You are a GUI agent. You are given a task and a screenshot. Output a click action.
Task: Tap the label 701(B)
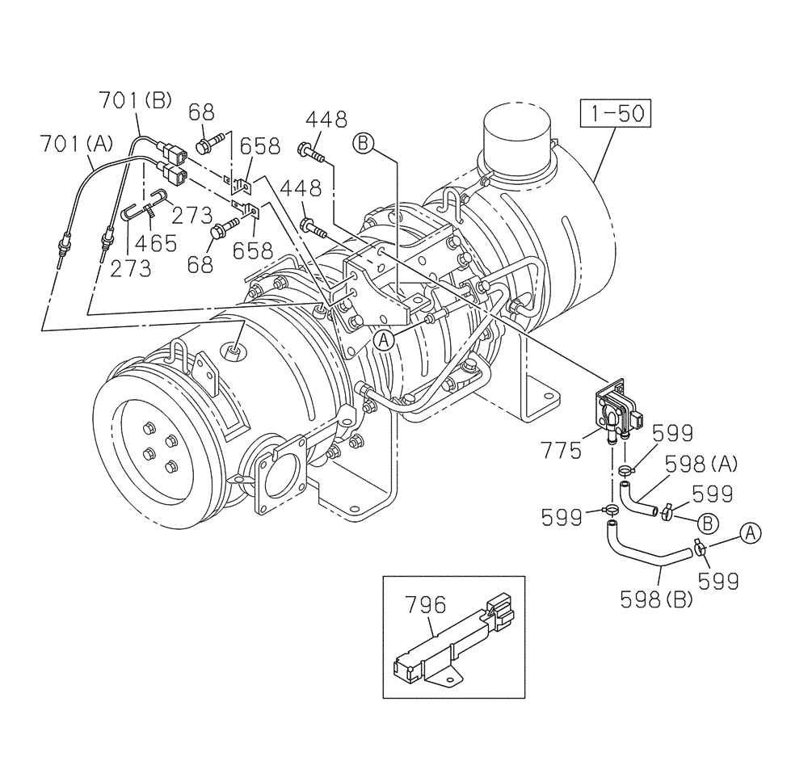coord(136,101)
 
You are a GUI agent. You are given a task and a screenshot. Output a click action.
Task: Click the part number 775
coord(562,451)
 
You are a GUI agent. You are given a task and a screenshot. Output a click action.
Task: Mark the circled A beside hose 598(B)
coord(750,532)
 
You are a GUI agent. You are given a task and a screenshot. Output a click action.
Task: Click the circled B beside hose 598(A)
coord(707,523)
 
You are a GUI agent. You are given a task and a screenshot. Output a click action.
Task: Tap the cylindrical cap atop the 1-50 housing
coord(516,137)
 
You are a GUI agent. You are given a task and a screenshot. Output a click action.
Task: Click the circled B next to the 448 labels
coord(364,144)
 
